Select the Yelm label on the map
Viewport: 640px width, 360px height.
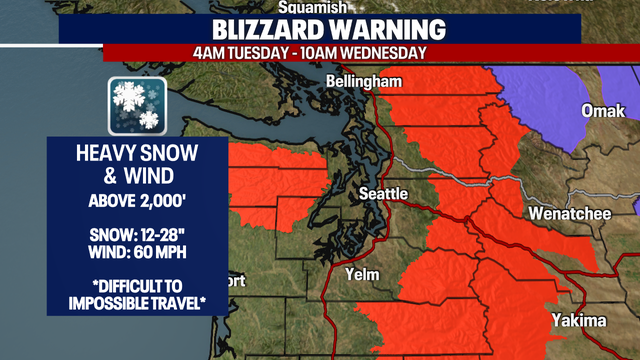click(x=359, y=274)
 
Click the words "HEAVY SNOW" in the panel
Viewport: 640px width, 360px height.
click(x=138, y=156)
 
